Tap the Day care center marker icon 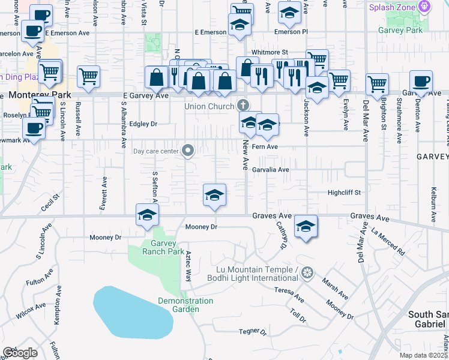pos(188,151)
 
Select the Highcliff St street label pos(343,193)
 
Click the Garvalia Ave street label pos(270,170)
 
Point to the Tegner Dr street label pos(252,331)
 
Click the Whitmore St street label pos(270,53)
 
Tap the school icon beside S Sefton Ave pos(146,215)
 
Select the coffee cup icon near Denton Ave pos(421,82)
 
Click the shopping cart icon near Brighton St pos(377,83)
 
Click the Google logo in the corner pos(20,353)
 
